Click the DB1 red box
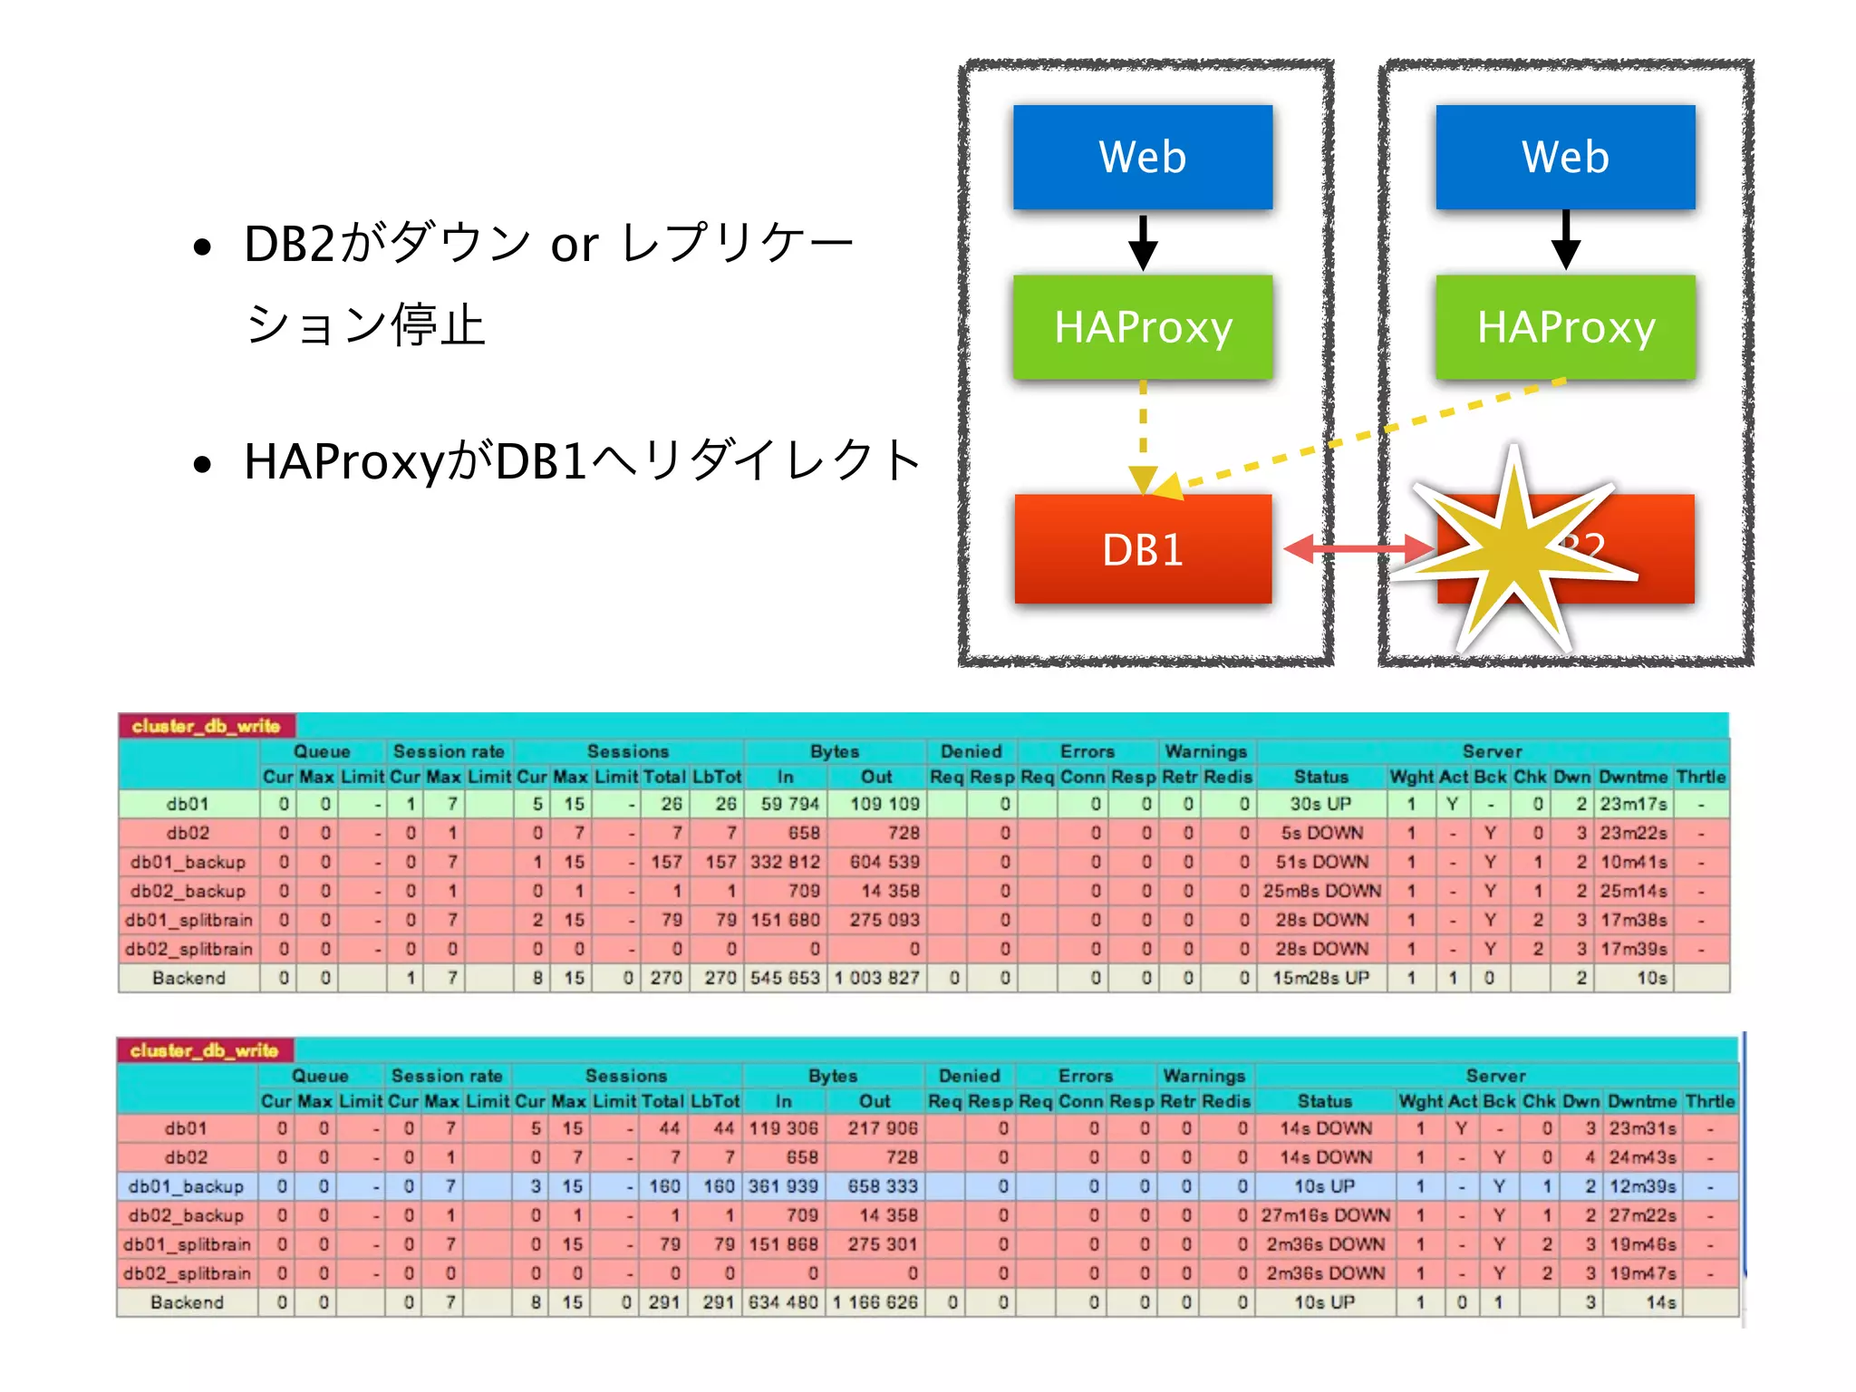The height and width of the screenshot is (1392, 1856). point(1143,548)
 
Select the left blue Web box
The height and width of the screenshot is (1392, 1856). point(1143,157)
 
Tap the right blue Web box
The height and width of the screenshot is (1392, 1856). point(1565,157)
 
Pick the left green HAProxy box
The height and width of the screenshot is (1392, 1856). point(1143,326)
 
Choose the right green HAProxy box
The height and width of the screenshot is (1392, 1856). point(1565,326)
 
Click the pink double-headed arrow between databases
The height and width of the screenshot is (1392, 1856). point(1358,548)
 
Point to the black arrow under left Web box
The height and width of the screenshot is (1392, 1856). point(1143,243)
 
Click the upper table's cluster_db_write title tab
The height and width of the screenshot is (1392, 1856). point(206,726)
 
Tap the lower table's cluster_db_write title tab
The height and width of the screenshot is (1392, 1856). point(204,1050)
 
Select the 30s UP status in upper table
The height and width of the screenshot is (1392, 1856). point(1320,804)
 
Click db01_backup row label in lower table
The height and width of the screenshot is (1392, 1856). point(186,1186)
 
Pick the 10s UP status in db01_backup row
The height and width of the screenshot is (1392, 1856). point(1324,1186)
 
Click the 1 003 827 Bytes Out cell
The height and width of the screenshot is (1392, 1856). point(876,978)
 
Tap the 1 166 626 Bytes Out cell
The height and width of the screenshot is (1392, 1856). point(875,1302)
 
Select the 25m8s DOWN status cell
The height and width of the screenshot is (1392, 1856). point(1321,891)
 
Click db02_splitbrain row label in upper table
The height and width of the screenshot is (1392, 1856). point(188,949)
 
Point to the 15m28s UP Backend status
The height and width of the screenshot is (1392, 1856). point(1320,978)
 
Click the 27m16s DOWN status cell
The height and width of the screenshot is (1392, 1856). point(1325,1215)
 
